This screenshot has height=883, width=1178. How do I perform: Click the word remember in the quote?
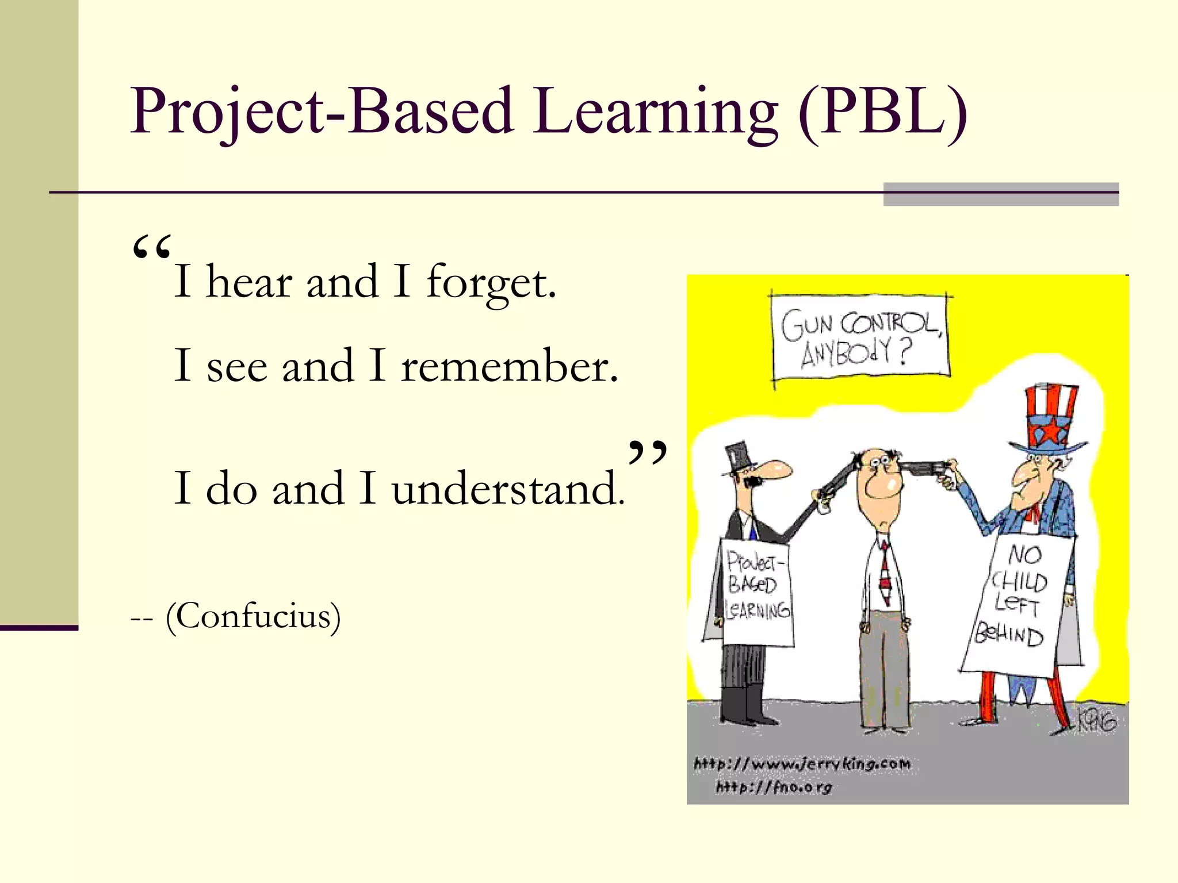pyautogui.click(x=509, y=366)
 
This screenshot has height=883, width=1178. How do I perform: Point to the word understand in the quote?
pyautogui.click(x=508, y=489)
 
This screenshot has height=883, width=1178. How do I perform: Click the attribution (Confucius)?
pyautogui.click(x=253, y=617)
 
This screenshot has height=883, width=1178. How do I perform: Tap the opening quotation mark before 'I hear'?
pyautogui.click(x=151, y=248)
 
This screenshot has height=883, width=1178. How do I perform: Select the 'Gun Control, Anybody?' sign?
pyautogui.click(x=860, y=337)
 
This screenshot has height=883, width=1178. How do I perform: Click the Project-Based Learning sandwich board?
pyautogui.click(x=757, y=592)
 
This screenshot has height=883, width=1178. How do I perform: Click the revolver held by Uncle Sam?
pyautogui.click(x=927, y=469)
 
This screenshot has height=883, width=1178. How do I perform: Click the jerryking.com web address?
pyautogui.click(x=802, y=764)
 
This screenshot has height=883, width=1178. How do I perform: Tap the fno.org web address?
pyautogui.click(x=774, y=786)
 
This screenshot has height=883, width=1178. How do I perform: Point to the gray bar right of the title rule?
pyautogui.click(x=1000, y=194)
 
